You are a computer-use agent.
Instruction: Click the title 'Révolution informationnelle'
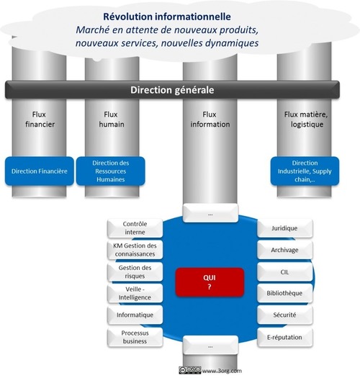pyautogui.click(x=167, y=17)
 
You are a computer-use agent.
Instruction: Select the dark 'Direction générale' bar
pyautogui.click(x=172, y=90)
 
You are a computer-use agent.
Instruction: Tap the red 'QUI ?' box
pyautogui.click(x=210, y=282)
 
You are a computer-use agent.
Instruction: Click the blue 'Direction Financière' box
pyautogui.click(x=40, y=171)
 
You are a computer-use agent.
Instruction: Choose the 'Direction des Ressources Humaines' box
pyautogui.click(x=111, y=171)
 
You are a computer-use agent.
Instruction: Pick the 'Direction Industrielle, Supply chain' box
pyautogui.click(x=305, y=171)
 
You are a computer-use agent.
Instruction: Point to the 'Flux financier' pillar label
pyautogui.click(x=40, y=120)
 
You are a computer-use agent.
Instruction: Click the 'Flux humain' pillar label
pyautogui.click(x=112, y=120)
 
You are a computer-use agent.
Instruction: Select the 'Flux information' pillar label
pyautogui.click(x=210, y=120)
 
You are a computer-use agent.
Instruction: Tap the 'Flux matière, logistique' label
pyautogui.click(x=306, y=120)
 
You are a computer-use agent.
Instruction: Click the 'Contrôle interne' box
pyautogui.click(x=135, y=228)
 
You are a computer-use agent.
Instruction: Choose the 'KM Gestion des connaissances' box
pyautogui.click(x=135, y=250)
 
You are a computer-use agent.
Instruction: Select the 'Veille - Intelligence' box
pyautogui.click(x=135, y=293)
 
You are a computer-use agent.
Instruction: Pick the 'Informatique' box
pyautogui.click(x=135, y=315)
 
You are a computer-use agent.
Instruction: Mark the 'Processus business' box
pyautogui.click(x=135, y=337)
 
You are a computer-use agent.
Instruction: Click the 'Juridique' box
pyautogui.click(x=285, y=228)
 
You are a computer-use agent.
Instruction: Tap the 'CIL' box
pyautogui.click(x=285, y=272)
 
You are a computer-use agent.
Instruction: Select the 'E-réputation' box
pyautogui.click(x=285, y=337)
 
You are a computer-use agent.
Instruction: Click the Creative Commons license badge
pyautogui.click(x=190, y=370)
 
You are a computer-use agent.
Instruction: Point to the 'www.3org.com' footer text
pyautogui.click(x=222, y=371)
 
